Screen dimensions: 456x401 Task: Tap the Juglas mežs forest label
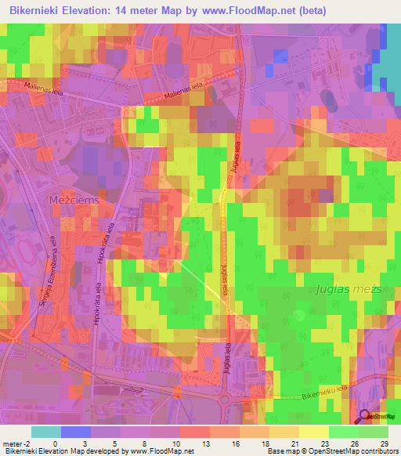point(349,289)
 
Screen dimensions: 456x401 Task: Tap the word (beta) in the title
point(312,11)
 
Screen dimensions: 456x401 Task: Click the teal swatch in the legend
point(46,432)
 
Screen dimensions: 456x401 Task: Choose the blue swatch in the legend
point(76,432)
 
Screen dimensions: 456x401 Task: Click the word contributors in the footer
point(378,451)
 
